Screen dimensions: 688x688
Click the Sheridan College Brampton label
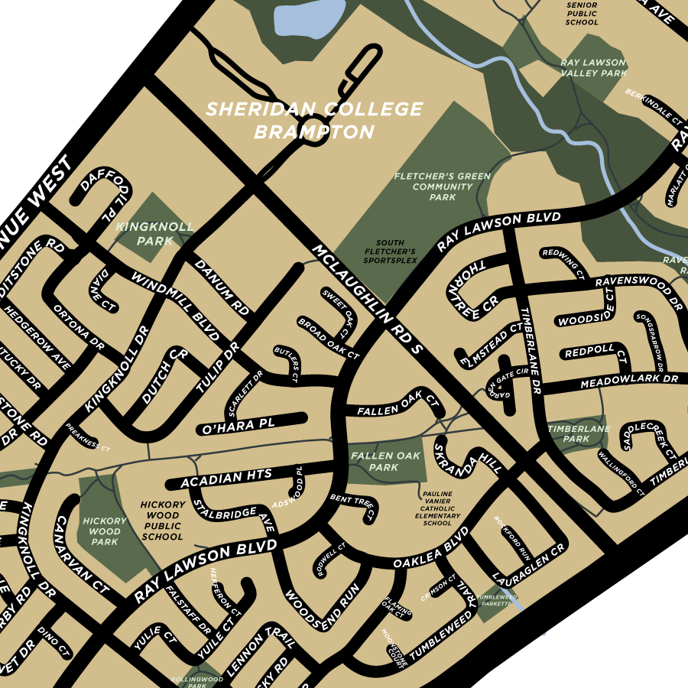[x=313, y=121]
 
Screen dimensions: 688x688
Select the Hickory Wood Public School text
[x=162, y=521]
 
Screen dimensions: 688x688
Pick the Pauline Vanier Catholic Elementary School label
[x=437, y=508]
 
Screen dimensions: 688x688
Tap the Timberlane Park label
[x=579, y=434]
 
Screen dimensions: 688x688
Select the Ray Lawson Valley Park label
[x=592, y=67]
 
